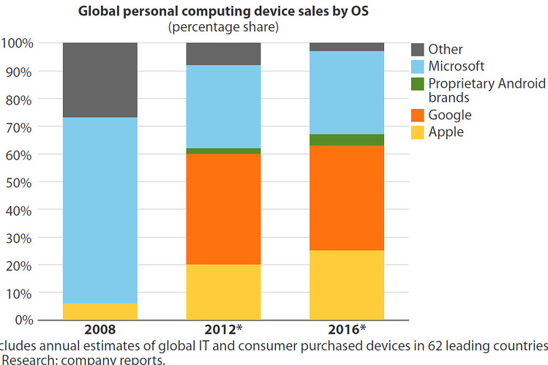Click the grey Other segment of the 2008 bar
[100, 80]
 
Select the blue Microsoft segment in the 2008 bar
[100, 210]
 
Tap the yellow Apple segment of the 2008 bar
[100, 311]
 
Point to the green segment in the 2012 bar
[223, 151]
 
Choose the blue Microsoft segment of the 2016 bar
[348, 92]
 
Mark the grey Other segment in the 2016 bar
[348, 47]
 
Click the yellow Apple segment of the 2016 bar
[348, 285]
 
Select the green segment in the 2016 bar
[348, 140]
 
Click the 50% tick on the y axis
[20, 181]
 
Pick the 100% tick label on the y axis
[18, 43]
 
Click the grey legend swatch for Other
[417, 50]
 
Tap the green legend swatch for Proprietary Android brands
[417, 84]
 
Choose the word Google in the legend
[450, 116]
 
